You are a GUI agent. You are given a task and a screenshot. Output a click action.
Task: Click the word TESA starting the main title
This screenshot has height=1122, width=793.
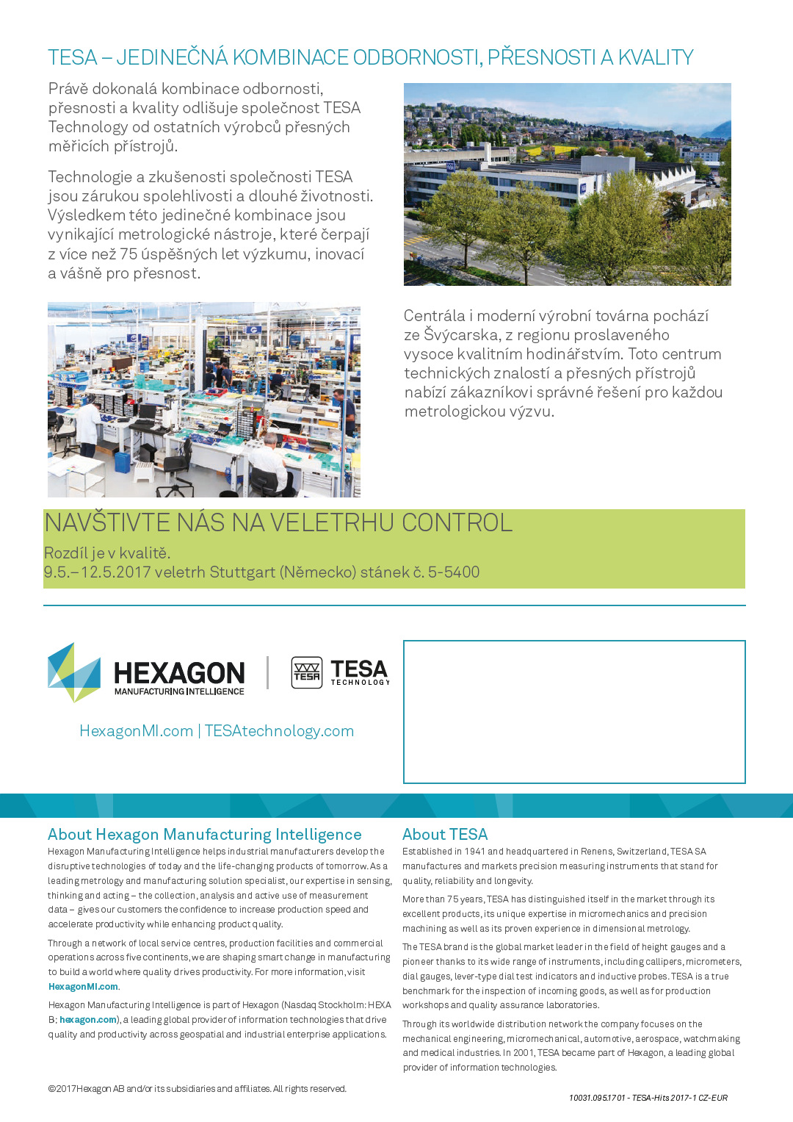tap(72, 57)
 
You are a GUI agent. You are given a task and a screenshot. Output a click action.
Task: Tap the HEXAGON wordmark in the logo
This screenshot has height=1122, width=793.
tap(179, 673)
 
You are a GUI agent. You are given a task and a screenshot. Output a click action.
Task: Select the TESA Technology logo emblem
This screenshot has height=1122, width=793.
tap(306, 672)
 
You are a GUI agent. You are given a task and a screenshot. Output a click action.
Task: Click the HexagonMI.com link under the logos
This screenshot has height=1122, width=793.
tap(136, 731)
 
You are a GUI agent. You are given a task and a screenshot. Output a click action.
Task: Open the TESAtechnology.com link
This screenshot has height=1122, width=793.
tap(279, 731)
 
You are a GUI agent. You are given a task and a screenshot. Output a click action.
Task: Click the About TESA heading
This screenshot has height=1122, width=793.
tap(445, 835)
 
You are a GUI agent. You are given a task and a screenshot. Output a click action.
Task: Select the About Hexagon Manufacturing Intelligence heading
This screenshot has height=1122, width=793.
tap(204, 835)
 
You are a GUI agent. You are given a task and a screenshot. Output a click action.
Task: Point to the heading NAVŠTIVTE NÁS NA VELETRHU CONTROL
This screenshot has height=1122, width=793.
tap(278, 523)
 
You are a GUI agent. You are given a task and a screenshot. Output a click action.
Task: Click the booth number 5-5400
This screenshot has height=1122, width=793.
tap(454, 572)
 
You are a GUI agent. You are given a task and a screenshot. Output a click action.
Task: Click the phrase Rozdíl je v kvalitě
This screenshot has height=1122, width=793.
tap(107, 553)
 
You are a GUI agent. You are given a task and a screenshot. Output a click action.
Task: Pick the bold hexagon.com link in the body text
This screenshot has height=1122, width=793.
tap(87, 1020)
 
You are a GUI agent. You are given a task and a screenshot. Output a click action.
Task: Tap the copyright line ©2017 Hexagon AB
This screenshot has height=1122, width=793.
tap(197, 1089)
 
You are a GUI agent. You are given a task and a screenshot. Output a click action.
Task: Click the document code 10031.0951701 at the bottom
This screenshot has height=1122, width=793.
tap(597, 1098)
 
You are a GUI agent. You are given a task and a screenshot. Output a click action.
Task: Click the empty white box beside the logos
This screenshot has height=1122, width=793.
tap(574, 711)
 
